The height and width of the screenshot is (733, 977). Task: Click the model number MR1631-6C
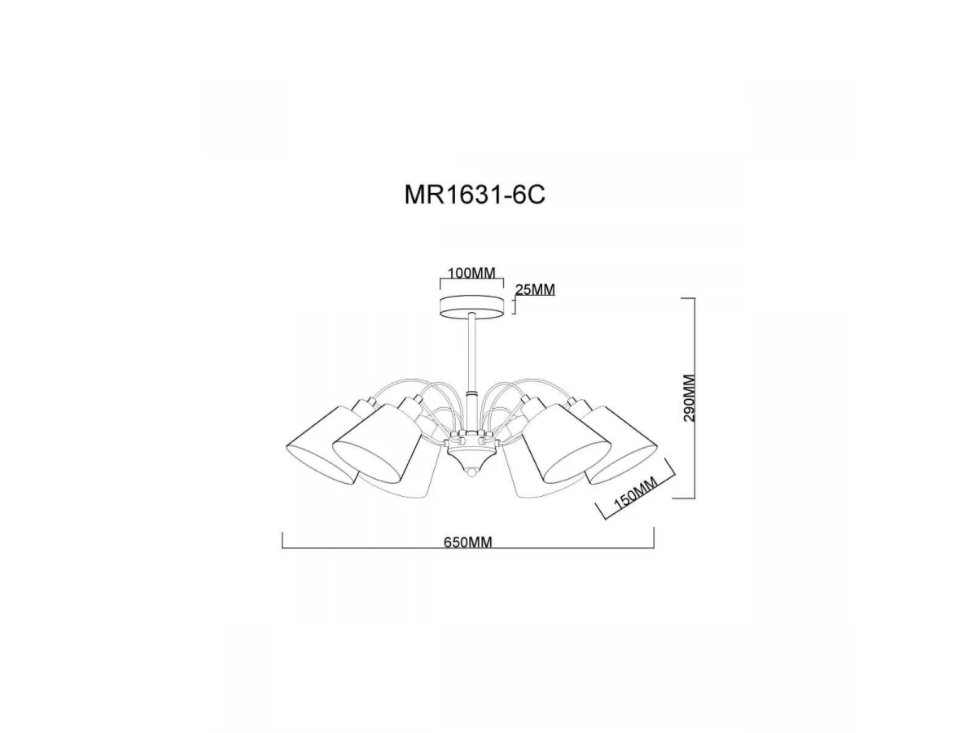(475, 195)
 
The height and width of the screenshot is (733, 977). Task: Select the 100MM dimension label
(471, 274)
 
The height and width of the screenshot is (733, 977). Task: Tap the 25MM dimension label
(535, 290)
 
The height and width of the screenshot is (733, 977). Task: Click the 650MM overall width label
(468, 542)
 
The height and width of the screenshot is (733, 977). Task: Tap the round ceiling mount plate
(471, 307)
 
